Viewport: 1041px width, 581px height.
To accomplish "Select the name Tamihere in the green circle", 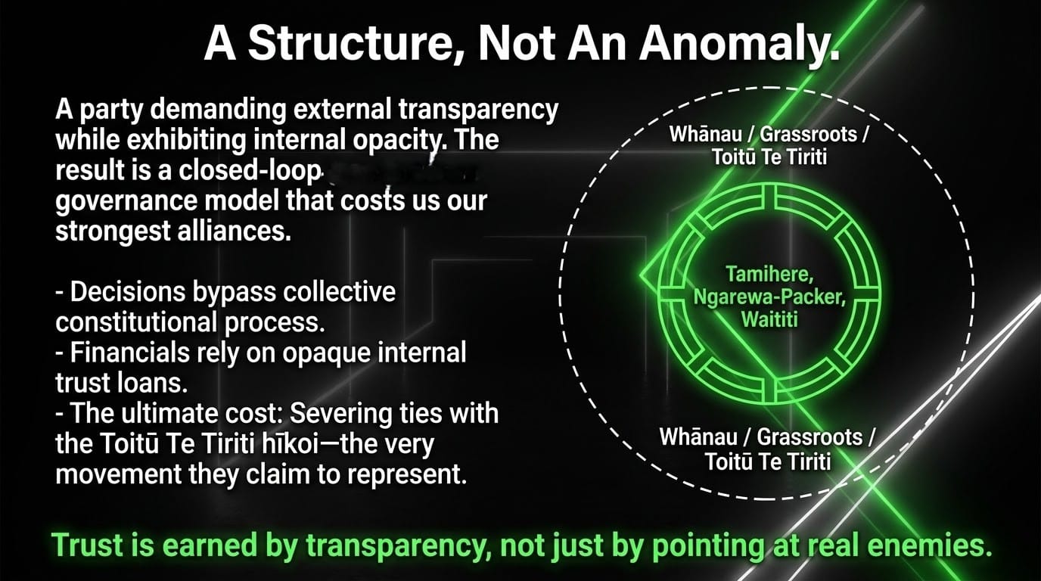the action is coord(769,274).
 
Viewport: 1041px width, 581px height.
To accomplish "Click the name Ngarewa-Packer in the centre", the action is coord(769,297).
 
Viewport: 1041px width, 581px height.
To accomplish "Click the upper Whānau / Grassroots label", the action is coord(769,134).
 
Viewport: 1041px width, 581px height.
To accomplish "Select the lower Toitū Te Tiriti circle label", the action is coord(768,461).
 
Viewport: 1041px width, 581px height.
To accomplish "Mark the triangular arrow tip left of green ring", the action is coord(640,276).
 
